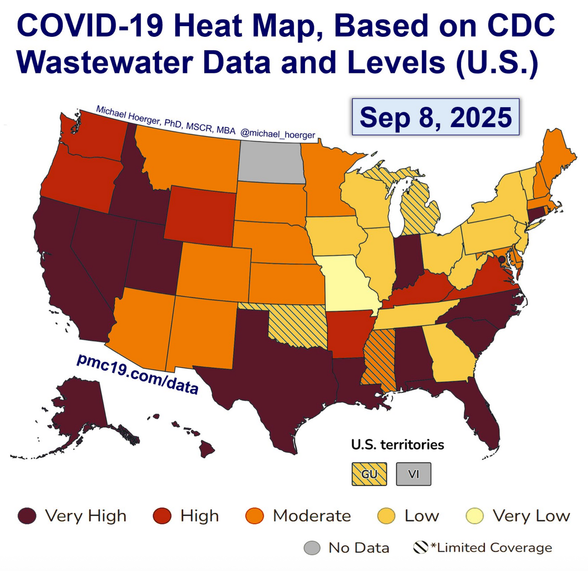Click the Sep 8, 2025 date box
click(x=435, y=117)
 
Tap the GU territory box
click(x=369, y=474)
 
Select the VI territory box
click(x=413, y=474)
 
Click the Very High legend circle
click(x=27, y=516)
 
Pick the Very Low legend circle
click(x=475, y=516)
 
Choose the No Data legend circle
click(x=312, y=548)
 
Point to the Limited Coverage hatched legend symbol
click(x=420, y=547)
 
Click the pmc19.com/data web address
click(x=137, y=374)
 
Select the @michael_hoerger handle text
click(x=277, y=134)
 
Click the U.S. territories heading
click(x=397, y=444)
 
